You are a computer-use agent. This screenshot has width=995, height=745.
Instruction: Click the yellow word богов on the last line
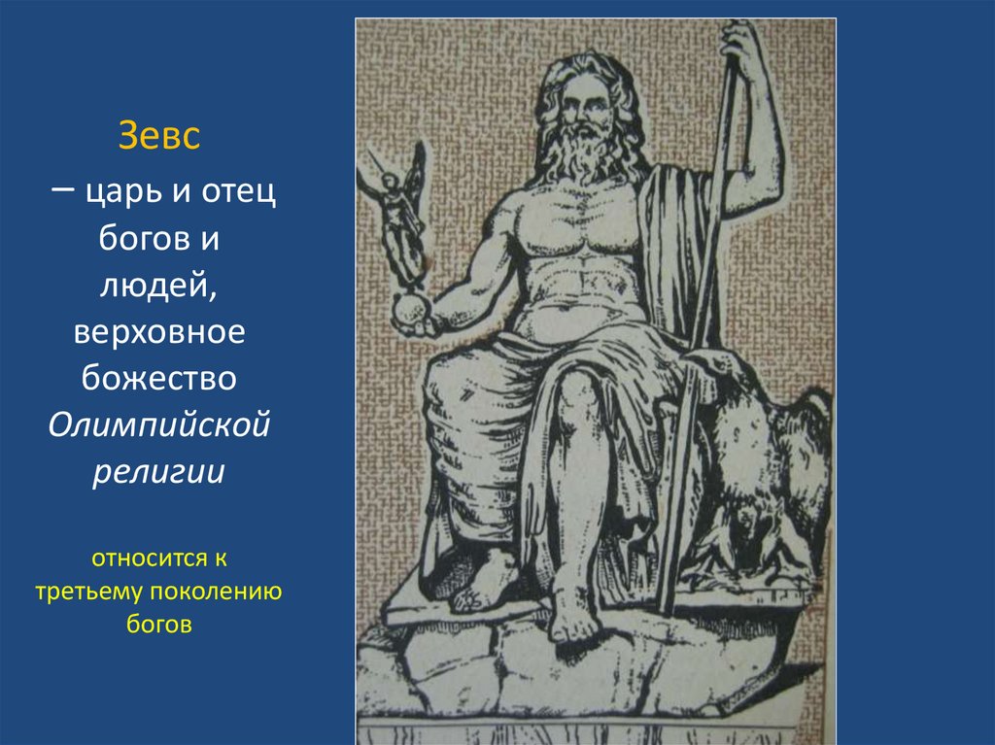tap(159, 623)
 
